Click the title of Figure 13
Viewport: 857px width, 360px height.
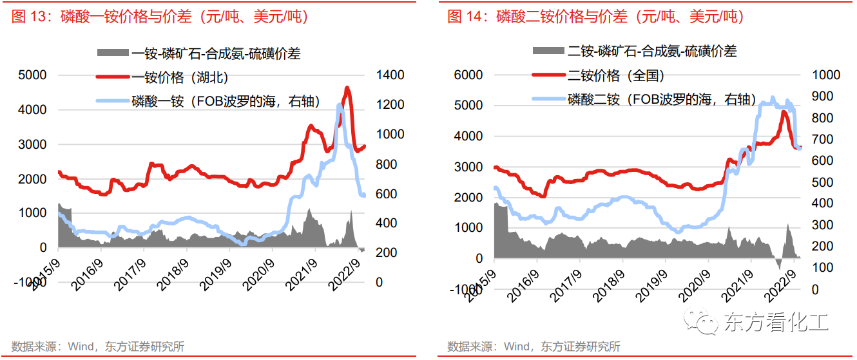click(x=160, y=17)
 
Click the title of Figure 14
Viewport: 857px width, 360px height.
click(x=595, y=17)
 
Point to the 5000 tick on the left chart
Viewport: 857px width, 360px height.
click(x=32, y=75)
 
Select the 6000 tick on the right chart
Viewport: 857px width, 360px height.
click(x=469, y=75)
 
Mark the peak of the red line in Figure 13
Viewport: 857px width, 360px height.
click(x=348, y=88)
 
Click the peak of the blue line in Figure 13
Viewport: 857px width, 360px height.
click(x=340, y=104)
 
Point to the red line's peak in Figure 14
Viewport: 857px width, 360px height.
click(x=784, y=112)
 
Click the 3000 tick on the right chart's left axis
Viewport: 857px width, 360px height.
click(x=469, y=167)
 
